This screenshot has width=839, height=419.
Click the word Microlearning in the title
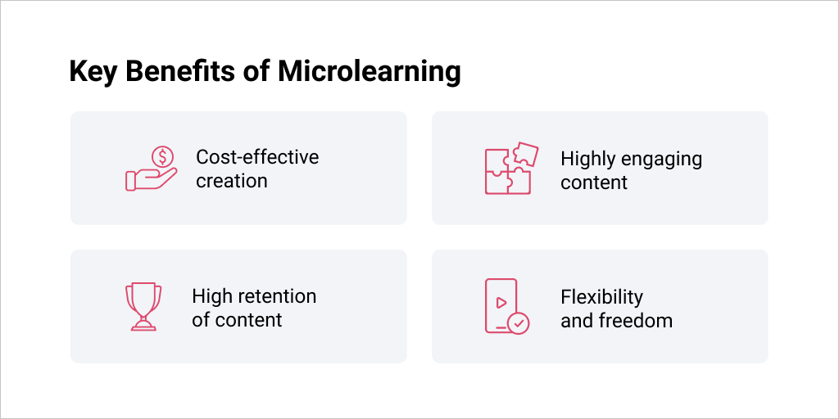pyautogui.click(x=369, y=73)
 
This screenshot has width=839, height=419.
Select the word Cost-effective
pyautogui.click(x=257, y=157)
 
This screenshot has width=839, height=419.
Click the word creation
pyautogui.click(x=232, y=181)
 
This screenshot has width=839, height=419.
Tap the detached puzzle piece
pyautogui.click(x=525, y=154)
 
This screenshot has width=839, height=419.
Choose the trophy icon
pyautogui.click(x=143, y=307)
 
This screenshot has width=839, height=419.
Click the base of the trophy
pyautogui.click(x=143, y=326)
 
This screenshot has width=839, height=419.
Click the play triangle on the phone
pyautogui.click(x=501, y=303)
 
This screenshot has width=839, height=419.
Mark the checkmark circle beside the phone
pyautogui.click(x=519, y=323)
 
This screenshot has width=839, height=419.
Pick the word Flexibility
pyautogui.click(x=602, y=297)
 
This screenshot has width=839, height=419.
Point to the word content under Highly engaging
pyautogui.click(x=594, y=182)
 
